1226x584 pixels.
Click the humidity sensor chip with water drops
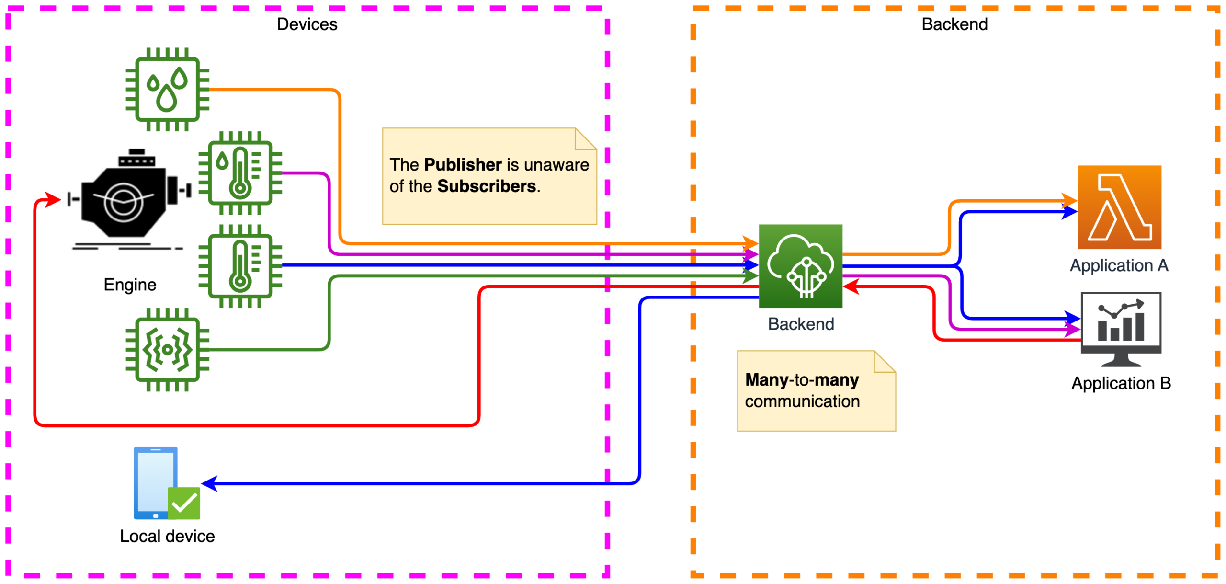[167, 89]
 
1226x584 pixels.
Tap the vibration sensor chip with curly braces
[167, 350]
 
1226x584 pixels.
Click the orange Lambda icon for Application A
[1119, 207]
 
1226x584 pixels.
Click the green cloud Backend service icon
[800, 266]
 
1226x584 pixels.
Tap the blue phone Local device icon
[156, 482]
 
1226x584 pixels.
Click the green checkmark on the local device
[184, 503]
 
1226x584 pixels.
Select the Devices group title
[307, 24]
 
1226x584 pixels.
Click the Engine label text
[130, 285]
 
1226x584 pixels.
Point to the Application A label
[1119, 265]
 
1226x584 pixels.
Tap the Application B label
[1121, 383]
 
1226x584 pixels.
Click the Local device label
[167, 536]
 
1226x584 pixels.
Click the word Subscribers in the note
[486, 186]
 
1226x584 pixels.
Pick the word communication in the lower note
[802, 401]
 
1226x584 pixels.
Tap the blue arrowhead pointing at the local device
[210, 483]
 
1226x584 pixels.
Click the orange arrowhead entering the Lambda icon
[1069, 200]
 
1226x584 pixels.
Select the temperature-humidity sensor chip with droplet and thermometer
[240, 173]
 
